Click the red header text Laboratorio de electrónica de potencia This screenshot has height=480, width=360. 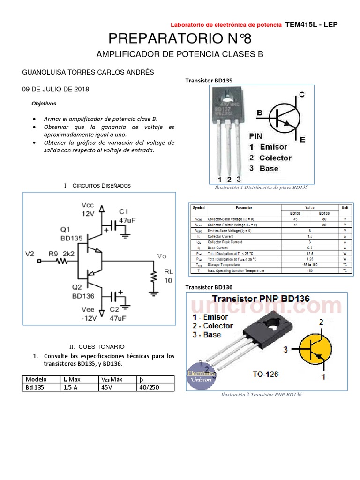225,24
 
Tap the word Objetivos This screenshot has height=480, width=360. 44,103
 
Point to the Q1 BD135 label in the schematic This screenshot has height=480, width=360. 72,234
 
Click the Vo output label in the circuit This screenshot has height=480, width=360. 162,256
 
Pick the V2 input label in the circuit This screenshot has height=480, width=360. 30,254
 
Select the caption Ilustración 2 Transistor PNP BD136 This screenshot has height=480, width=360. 261,395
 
